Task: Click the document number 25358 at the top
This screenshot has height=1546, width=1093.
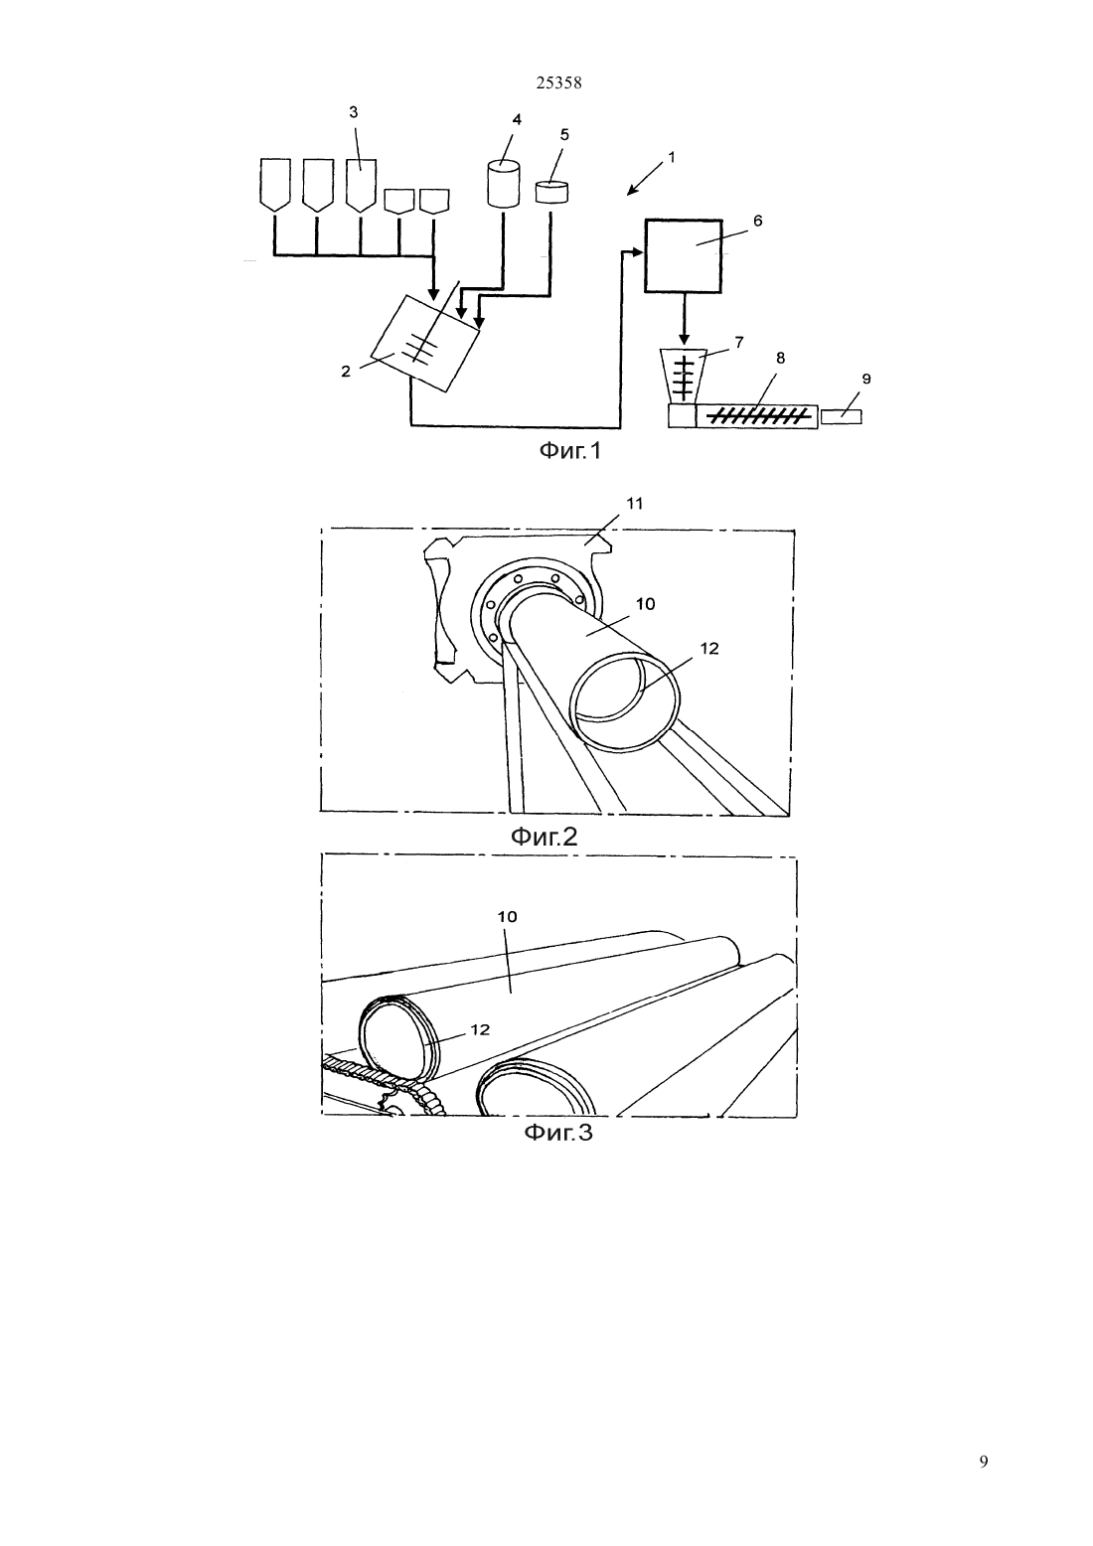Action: click(x=558, y=82)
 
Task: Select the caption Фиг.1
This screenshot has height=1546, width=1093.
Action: click(x=570, y=451)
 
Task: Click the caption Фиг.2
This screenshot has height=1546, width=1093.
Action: click(x=544, y=837)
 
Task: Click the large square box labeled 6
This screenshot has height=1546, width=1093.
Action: click(x=684, y=255)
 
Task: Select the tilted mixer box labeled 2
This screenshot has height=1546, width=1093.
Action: click(x=425, y=344)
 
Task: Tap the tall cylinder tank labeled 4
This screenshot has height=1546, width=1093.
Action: click(x=503, y=184)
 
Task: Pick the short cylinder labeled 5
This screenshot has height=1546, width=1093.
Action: click(x=552, y=191)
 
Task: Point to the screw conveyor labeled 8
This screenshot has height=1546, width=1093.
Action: click(x=757, y=415)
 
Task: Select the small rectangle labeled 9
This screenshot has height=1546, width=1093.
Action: click(x=842, y=415)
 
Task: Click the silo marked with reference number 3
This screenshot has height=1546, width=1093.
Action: click(x=360, y=184)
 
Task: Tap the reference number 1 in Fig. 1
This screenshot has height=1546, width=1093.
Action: click(x=672, y=157)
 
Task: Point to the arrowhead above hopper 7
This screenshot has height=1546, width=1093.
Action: click(x=684, y=338)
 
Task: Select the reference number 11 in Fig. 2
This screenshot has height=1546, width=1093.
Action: click(x=634, y=504)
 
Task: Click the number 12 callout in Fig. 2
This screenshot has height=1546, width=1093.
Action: click(x=708, y=648)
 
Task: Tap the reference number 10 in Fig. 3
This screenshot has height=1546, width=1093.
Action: click(x=507, y=916)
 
